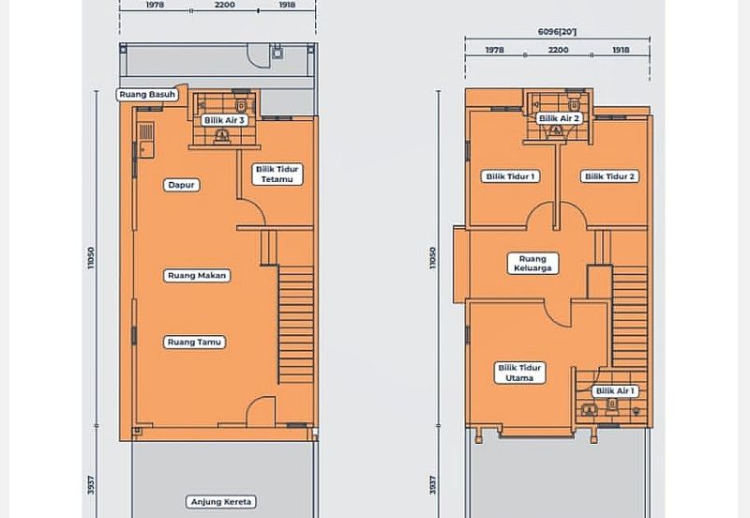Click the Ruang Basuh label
coord(147,95)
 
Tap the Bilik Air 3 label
coord(224,120)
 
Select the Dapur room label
coord(181,185)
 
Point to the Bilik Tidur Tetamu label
coord(277,175)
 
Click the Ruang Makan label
coord(197,275)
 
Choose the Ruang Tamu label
coord(194,342)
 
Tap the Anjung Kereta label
coord(221,502)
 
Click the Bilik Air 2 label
coord(559,118)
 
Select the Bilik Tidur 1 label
coord(510,176)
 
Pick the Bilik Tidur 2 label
coord(610,176)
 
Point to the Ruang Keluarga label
coord(532,264)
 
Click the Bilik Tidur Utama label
coord(520,373)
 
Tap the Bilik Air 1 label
coord(615,391)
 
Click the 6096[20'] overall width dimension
coord(557,32)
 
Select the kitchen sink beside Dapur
coord(146,140)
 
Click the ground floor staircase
coord(295,325)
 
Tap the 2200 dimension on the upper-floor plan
coord(558,50)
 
